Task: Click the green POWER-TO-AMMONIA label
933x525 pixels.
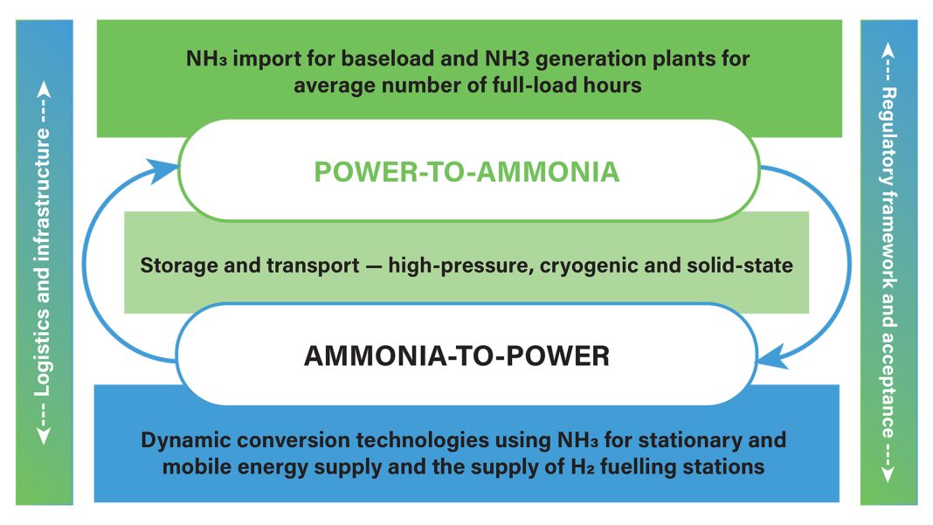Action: (466, 172)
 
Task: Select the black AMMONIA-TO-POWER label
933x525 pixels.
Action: (456, 356)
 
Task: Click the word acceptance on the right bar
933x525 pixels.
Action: (888, 384)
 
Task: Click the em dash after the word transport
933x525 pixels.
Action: (374, 266)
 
